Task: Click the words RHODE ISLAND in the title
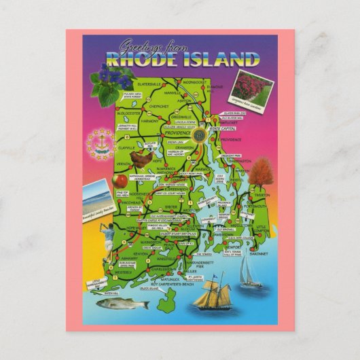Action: coord(180,60)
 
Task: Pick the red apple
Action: coord(122,181)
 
